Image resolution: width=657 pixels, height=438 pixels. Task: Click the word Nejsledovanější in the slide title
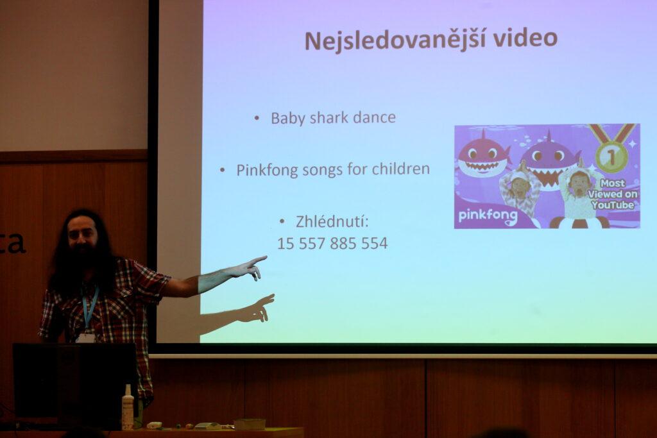click(395, 40)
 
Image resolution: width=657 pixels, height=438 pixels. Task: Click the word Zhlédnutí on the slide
click(332, 221)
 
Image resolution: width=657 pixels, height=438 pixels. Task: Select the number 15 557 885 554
click(332, 243)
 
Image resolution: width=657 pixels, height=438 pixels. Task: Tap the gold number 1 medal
click(611, 156)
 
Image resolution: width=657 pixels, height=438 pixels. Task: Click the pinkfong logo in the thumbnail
click(488, 216)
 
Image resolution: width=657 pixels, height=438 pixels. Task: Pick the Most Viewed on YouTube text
click(613, 194)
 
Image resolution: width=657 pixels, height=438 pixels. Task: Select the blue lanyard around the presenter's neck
click(90, 307)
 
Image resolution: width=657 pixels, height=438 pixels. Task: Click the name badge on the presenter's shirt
click(85, 338)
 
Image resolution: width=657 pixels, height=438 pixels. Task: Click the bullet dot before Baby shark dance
click(257, 119)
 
